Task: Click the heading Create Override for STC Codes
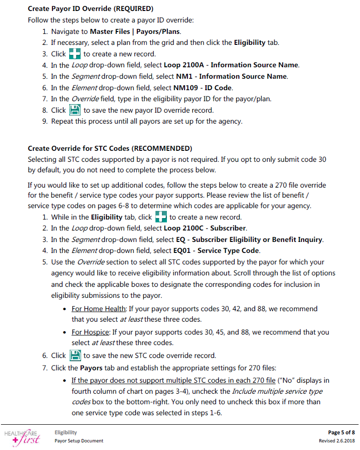[x=110, y=148]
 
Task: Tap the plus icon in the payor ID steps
[x=75, y=53]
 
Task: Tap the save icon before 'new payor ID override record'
[x=75, y=110]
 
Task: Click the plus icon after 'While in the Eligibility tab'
[x=161, y=217]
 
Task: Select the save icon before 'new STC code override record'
[x=75, y=356]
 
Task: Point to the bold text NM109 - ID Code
[x=204, y=87]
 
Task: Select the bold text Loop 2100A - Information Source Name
[x=231, y=65]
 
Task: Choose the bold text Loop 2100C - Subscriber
[x=205, y=228]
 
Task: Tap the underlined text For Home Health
[x=98, y=309]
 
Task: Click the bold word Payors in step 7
[x=91, y=368]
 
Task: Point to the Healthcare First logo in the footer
[x=22, y=435]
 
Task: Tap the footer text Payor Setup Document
[x=79, y=440]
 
